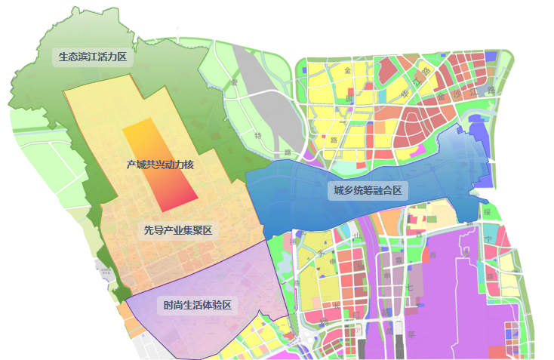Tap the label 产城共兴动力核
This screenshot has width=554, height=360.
pos(161,164)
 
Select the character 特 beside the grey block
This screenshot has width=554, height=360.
pos(259,136)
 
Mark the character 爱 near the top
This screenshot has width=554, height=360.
pos(235,81)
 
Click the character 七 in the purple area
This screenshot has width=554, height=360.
pos(409,288)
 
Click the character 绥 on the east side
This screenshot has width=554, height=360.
pos(488,212)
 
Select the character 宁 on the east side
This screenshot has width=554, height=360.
pos(488,239)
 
